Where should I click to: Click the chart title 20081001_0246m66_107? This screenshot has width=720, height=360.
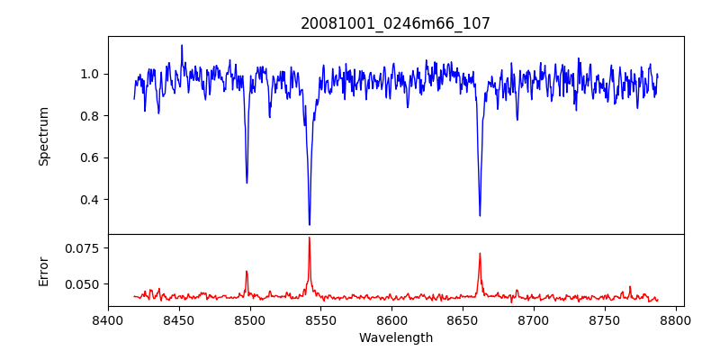395,23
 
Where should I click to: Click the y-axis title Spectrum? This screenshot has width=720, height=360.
43,136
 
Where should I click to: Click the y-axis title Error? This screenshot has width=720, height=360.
43,270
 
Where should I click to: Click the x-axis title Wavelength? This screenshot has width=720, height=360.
395,337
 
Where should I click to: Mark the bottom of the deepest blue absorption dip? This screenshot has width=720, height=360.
310,225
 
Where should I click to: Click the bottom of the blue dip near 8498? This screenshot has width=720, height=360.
247,183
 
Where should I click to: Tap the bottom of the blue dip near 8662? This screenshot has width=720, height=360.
480,215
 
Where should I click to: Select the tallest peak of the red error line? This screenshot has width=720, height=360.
310,238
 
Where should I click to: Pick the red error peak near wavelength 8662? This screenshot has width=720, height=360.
480,254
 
